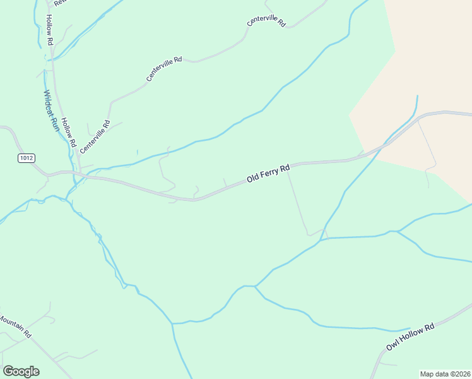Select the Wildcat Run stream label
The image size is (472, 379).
coord(51,110)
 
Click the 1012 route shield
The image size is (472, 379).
coord(26,159)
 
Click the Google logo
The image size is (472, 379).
coord(21,371)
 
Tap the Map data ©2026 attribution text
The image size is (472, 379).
coord(445,373)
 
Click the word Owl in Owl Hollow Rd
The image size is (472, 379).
coord(393,346)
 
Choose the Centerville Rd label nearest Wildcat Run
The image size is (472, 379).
coord(95,136)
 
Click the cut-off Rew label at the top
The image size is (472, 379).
coord(61,3)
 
